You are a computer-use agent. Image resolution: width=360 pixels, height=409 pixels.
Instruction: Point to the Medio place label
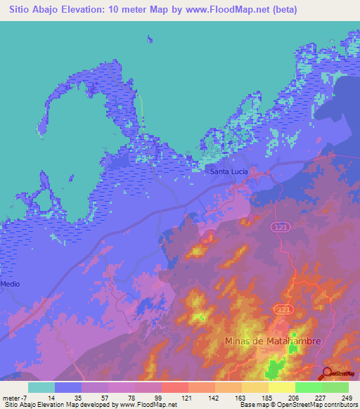tap(11, 284)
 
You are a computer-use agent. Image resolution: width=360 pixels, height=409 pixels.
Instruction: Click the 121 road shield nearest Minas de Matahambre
tap(283, 309)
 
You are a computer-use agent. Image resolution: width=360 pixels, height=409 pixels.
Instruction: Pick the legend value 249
tap(345, 398)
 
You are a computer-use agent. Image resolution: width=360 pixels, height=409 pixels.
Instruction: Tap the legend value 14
tap(51, 398)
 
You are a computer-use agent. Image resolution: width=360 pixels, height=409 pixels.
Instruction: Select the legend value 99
tap(158, 398)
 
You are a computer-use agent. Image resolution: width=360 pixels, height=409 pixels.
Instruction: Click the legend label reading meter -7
tap(15, 398)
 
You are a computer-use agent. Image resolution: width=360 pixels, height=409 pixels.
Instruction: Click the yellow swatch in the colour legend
tap(281, 387)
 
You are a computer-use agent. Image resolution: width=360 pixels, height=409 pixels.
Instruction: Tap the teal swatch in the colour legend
tap(41, 387)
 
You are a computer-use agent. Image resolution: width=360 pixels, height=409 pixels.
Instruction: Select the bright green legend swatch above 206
tap(308, 387)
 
